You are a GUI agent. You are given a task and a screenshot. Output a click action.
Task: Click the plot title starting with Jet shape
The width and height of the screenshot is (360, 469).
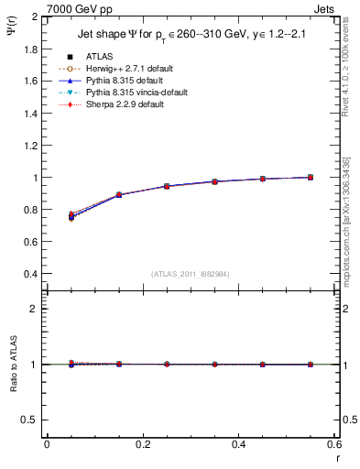pyautogui.click(x=189, y=35)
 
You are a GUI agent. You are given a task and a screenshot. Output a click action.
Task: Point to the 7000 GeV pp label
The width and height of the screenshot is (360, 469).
pyautogui.click(x=79, y=9)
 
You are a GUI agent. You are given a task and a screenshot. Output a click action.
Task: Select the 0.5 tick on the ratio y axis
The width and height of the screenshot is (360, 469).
pyautogui.click(x=33, y=420)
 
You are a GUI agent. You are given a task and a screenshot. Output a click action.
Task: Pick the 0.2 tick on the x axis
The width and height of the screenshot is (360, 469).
pyautogui.click(x=142, y=445)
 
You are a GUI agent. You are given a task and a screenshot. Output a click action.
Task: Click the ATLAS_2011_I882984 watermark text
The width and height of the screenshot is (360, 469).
pyautogui.click(x=190, y=274)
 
